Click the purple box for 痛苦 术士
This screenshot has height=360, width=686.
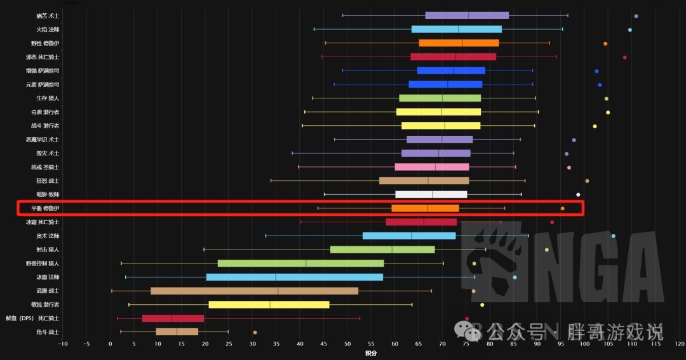(467, 15)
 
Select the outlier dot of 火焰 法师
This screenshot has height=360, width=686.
(629, 30)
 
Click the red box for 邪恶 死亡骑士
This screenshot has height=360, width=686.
(453, 57)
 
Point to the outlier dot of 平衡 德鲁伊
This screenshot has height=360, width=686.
(562, 208)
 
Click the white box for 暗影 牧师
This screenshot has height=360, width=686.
(431, 195)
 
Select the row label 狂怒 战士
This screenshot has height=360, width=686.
(48, 181)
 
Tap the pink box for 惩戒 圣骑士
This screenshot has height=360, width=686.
(432, 167)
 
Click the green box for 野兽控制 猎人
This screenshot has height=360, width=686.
(300, 263)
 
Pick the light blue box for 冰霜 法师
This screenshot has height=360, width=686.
(295, 277)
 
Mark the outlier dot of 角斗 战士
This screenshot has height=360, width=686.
(255, 332)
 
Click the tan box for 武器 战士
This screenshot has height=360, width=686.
(254, 291)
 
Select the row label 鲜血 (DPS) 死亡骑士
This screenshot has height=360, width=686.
(32, 318)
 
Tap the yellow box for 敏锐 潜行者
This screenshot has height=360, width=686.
(269, 305)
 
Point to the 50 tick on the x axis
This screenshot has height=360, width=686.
(347, 344)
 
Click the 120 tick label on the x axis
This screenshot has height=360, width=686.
(679, 344)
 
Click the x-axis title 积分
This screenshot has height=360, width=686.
(370, 353)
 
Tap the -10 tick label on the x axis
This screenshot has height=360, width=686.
(62, 344)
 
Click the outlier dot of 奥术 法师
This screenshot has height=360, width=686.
(613, 236)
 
